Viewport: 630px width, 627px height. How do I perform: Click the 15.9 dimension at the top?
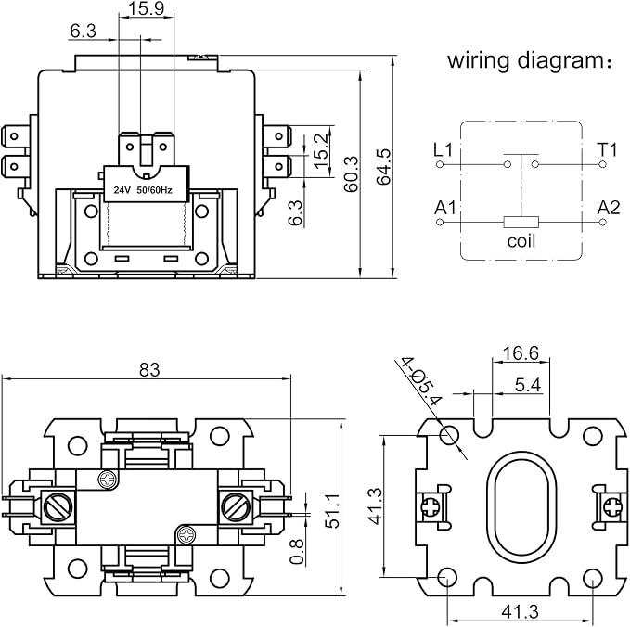pyautogui.click(x=147, y=8)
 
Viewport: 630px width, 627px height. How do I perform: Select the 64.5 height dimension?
pyautogui.click(x=384, y=167)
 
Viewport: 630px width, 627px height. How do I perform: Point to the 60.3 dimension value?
pyautogui.click(x=351, y=174)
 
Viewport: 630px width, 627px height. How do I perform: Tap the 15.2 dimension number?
pyautogui.click(x=321, y=151)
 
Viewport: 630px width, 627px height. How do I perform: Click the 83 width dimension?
pyautogui.click(x=149, y=369)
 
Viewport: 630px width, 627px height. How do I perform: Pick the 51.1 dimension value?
pyautogui.click(x=332, y=510)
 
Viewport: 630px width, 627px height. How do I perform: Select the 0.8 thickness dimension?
pyautogui.click(x=296, y=552)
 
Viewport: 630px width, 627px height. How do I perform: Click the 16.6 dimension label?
pyautogui.click(x=521, y=353)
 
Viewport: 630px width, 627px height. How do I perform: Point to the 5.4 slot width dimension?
pyautogui.click(x=528, y=385)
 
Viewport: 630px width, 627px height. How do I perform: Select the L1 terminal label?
pyautogui.click(x=444, y=150)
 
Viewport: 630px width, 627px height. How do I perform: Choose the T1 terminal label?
pyautogui.click(x=607, y=150)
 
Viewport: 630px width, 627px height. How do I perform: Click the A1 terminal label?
pyautogui.click(x=445, y=208)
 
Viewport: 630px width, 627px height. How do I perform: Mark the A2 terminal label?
pyautogui.click(x=609, y=208)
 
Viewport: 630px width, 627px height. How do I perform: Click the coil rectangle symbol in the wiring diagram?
pyautogui.click(x=521, y=222)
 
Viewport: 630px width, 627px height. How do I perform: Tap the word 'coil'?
pyautogui.click(x=521, y=241)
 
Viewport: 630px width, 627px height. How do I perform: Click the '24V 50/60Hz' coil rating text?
pyautogui.click(x=143, y=190)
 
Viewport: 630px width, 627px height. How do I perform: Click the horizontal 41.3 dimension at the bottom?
pyautogui.click(x=520, y=612)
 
